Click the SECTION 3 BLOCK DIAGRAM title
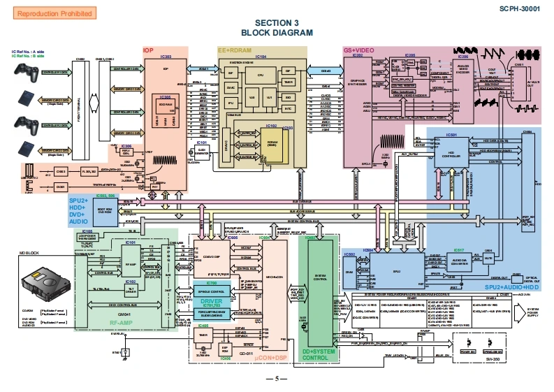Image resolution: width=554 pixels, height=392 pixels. point(277,28)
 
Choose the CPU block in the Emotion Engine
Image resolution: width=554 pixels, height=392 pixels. point(260,75)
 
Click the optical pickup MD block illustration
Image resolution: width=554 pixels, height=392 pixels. point(44,282)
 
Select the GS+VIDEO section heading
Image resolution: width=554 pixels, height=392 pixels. point(358,51)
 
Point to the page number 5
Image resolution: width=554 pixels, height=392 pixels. point(277,379)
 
